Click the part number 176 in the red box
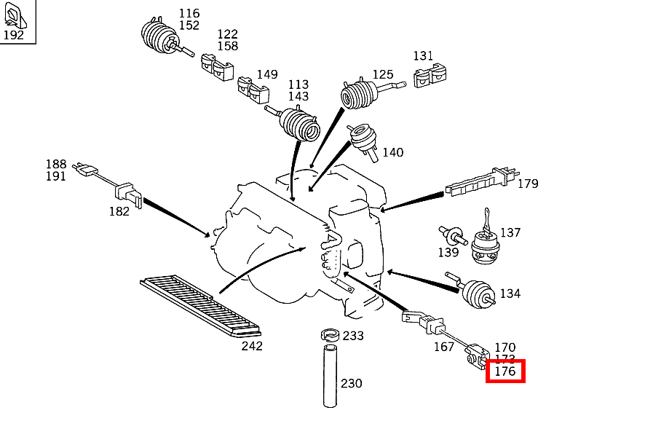click(x=504, y=371)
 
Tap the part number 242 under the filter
click(x=252, y=345)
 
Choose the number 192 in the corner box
click(x=13, y=34)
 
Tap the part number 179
click(x=528, y=184)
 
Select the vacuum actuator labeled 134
click(x=478, y=294)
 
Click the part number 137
click(x=510, y=232)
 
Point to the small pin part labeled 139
click(x=452, y=235)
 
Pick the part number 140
click(x=392, y=152)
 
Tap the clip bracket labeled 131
click(x=430, y=77)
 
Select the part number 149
click(x=267, y=74)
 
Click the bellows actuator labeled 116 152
click(x=157, y=37)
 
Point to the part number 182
click(x=119, y=211)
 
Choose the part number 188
click(x=56, y=165)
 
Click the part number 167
click(x=444, y=347)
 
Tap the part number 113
click(x=298, y=84)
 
